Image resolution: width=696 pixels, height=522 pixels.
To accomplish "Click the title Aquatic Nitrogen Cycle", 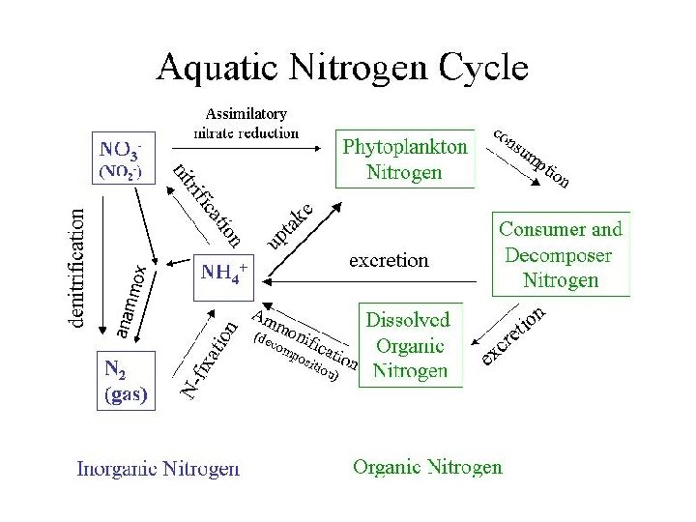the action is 343,67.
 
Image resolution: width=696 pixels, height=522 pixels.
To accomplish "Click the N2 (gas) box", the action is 126,382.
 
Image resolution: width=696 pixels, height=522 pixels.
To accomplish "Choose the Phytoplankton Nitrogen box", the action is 405,159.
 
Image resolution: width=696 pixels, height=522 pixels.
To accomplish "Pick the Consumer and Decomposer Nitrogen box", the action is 561,254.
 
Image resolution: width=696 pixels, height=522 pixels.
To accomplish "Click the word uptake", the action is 289,223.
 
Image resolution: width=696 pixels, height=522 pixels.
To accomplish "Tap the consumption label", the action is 532,157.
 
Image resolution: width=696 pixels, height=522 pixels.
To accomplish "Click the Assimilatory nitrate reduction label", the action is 246,124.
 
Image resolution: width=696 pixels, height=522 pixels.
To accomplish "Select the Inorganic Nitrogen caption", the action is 159,470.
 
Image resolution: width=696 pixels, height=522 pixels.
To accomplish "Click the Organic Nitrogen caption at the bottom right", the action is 427,468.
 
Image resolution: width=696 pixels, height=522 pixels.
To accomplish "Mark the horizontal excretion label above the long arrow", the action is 389,261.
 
